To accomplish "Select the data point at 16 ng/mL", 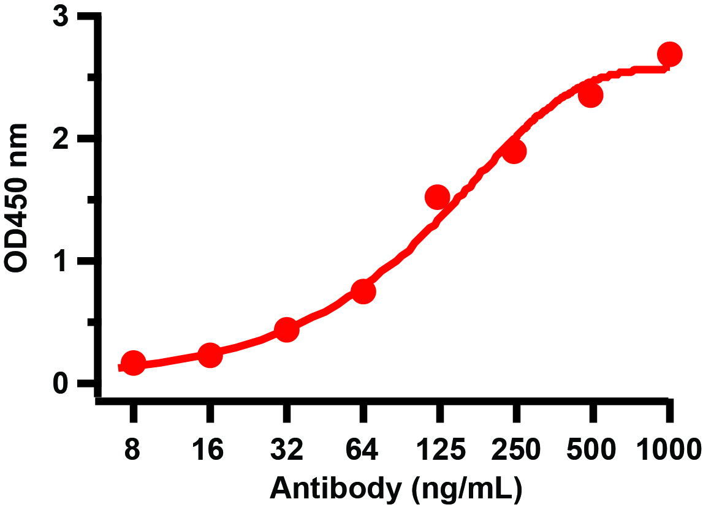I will [x=210, y=355].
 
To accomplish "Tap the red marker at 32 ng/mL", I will [x=286, y=330].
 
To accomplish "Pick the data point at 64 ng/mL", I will [x=363, y=291].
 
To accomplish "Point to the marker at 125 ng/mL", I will [x=438, y=197].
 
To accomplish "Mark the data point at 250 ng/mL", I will [x=514, y=151].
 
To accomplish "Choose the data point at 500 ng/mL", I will [x=591, y=96].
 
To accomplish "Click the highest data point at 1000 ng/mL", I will [x=669, y=54].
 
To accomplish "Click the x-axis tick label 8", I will [x=132, y=451].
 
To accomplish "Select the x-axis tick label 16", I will [x=210, y=451].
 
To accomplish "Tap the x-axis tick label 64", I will [x=363, y=451].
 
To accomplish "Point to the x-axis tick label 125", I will [x=439, y=451].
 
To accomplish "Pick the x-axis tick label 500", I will [x=592, y=451].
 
